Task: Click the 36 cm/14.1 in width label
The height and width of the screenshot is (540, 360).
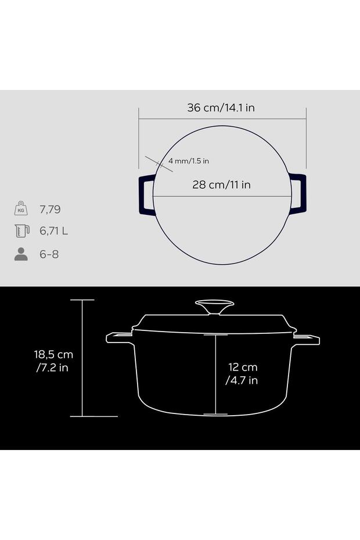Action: click(x=221, y=108)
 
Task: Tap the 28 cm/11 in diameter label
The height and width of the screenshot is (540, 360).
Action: click(x=221, y=185)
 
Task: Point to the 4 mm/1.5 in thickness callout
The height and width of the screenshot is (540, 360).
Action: click(x=189, y=161)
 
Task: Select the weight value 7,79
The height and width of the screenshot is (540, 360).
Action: click(x=50, y=210)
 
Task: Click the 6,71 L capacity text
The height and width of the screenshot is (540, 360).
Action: click(x=54, y=231)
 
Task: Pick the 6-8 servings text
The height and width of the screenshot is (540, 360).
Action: click(x=49, y=254)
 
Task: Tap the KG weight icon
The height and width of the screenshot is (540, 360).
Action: click(x=21, y=208)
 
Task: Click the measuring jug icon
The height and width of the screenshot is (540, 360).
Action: click(x=22, y=231)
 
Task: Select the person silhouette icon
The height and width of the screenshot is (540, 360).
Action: click(x=21, y=254)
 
